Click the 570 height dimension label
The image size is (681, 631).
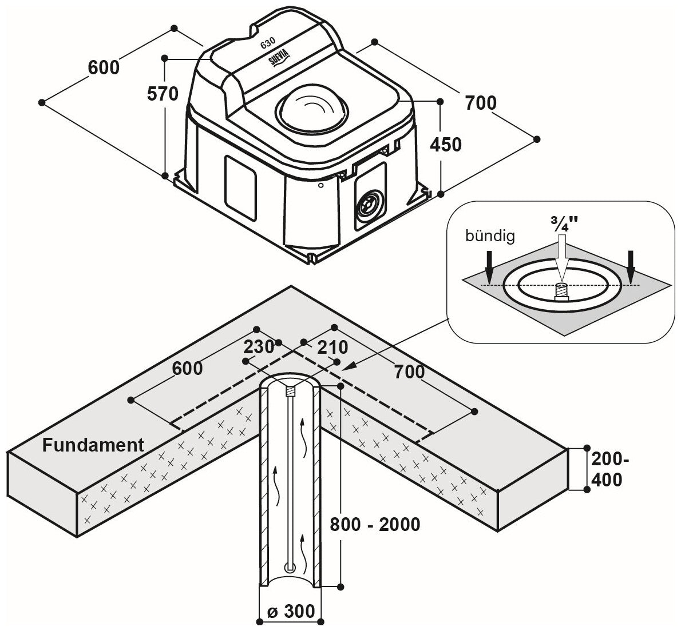coord(163,93)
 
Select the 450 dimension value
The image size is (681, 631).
coord(446,145)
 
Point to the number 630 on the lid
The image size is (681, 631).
coord(267,44)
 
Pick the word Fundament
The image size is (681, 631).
coord(93,445)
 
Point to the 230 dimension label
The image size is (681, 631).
coord(259,347)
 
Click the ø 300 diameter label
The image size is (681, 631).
coord(291,611)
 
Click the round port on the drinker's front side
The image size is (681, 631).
coord(369,204)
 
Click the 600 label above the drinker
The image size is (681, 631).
coord(104,67)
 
